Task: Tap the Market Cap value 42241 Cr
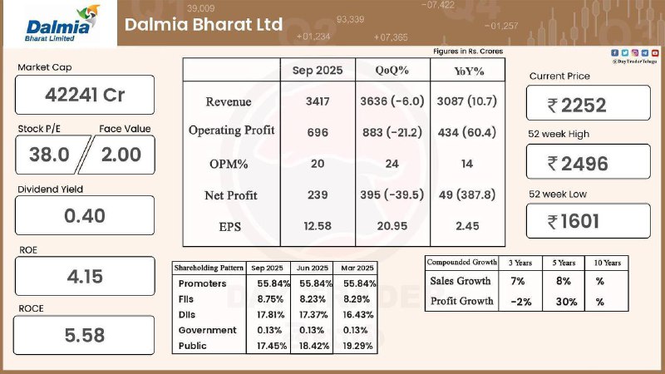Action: click(x=85, y=95)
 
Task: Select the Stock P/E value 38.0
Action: click(x=50, y=155)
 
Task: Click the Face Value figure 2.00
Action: click(x=121, y=155)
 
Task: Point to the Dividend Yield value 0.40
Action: click(x=85, y=216)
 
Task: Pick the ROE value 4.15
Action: click(x=85, y=277)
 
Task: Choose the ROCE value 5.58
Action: click(x=85, y=336)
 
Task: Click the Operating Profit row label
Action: click(x=231, y=131)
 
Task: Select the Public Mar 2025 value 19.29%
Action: click(x=357, y=345)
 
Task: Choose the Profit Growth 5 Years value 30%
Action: click(x=567, y=302)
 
